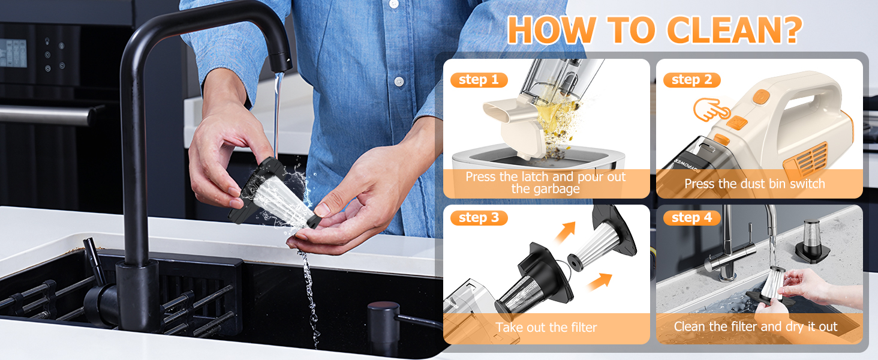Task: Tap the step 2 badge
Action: tap(691, 80)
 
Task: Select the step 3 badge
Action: tap(479, 218)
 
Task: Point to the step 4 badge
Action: tap(691, 218)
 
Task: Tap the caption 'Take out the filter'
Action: tap(546, 328)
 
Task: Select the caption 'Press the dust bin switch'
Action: tap(754, 184)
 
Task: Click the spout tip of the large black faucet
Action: tap(279, 62)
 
